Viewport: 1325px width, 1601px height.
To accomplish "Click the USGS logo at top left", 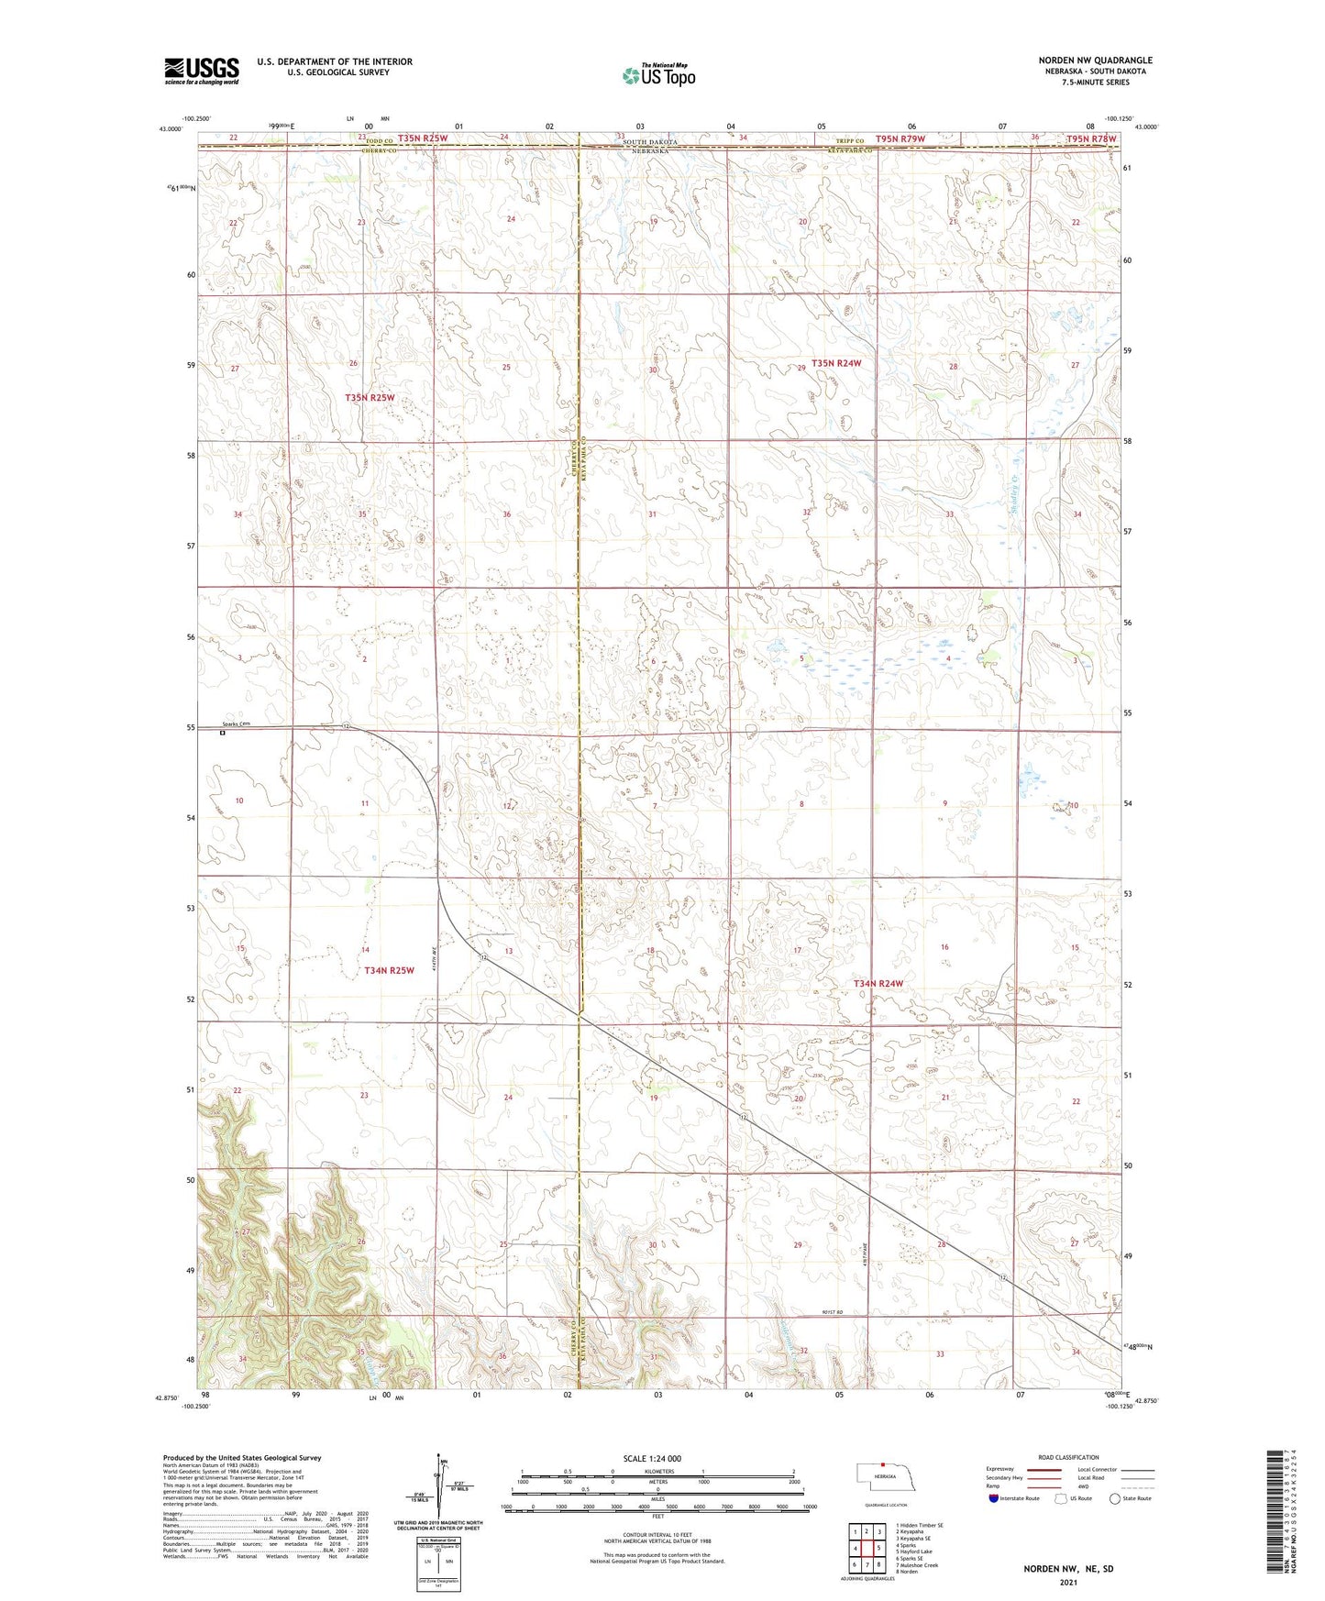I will pos(202,71).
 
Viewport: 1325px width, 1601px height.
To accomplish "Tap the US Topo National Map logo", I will pos(657,75).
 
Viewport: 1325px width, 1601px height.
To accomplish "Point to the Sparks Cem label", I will pos(235,724).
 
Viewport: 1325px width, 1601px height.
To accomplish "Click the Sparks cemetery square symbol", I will pos(222,733).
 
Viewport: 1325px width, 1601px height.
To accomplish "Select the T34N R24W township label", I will pos(878,984).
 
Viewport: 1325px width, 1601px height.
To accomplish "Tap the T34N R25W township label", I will pos(390,970).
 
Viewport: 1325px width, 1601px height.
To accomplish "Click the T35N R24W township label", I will pos(836,363).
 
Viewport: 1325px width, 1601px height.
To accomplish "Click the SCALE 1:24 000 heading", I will pos(652,1459).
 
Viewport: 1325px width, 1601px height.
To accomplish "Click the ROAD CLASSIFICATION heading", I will pos(1068,1457).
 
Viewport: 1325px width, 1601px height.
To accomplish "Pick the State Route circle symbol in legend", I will pos(1115,1498).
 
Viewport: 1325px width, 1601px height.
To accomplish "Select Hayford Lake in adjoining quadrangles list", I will pos(916,1551).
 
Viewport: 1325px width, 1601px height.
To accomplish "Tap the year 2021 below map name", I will pos(1067,1582).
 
